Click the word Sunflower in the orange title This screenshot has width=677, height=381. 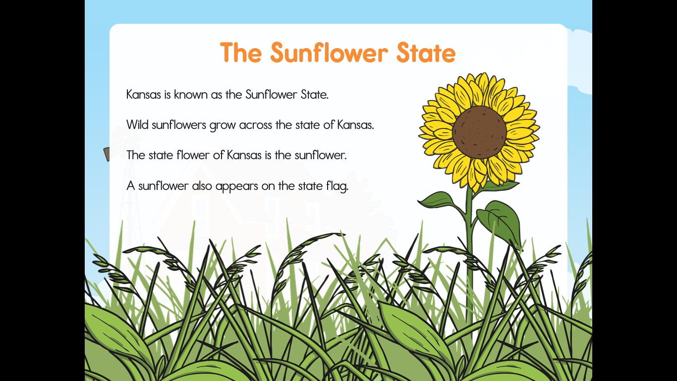tap(329, 53)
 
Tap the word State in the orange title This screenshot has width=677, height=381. tap(426, 53)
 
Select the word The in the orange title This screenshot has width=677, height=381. tap(241, 53)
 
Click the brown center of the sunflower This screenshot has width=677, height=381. tap(479, 132)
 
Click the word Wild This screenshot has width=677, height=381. tap(137, 125)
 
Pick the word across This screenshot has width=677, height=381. tap(255, 125)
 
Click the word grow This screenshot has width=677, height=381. tap(223, 126)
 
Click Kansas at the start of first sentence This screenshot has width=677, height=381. tap(144, 94)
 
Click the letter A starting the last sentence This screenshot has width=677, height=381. tap(130, 186)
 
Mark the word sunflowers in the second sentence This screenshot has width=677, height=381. tap(178, 125)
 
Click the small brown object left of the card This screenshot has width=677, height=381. tap(107, 154)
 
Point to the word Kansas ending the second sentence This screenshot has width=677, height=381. tap(355, 125)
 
